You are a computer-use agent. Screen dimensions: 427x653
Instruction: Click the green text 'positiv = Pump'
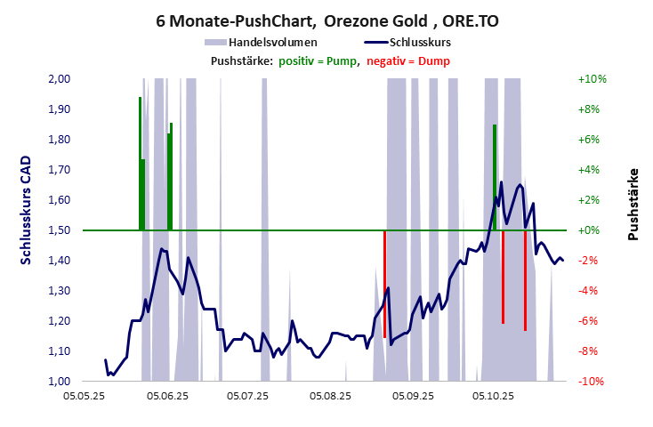tap(318, 60)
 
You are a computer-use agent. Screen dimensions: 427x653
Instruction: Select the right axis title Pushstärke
tap(633, 204)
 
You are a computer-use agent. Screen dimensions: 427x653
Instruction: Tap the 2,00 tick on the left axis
tap(58, 79)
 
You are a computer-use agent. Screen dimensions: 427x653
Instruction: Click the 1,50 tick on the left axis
tap(58, 230)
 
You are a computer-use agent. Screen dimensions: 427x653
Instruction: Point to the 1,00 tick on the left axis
tap(58, 381)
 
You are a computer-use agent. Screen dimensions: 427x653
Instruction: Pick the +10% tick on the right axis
tap(592, 79)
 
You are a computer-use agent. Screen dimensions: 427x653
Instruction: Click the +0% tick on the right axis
tap(592, 230)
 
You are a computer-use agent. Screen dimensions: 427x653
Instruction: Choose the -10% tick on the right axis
tap(592, 381)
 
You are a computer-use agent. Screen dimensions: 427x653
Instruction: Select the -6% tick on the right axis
tap(592, 321)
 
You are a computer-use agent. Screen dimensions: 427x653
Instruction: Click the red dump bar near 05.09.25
tap(384, 283)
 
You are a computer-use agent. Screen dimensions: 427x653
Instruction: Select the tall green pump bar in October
tap(495, 178)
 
